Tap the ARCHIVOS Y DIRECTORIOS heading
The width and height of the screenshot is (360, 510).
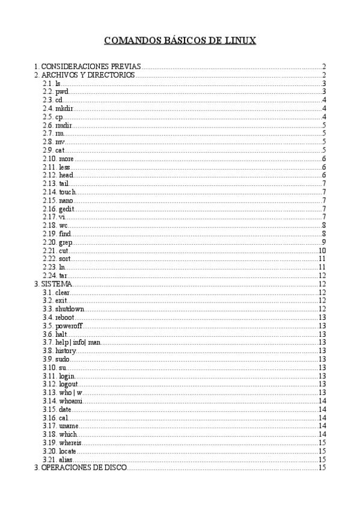click(88, 75)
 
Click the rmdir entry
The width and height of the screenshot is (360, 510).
click(64, 125)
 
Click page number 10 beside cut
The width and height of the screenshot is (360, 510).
click(322, 251)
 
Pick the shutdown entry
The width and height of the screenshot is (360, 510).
click(70, 309)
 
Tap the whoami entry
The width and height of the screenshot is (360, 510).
click(70, 401)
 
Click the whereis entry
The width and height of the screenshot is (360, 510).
click(71, 443)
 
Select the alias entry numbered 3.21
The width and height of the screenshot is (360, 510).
click(66, 459)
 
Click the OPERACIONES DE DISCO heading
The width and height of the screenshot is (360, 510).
click(84, 467)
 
